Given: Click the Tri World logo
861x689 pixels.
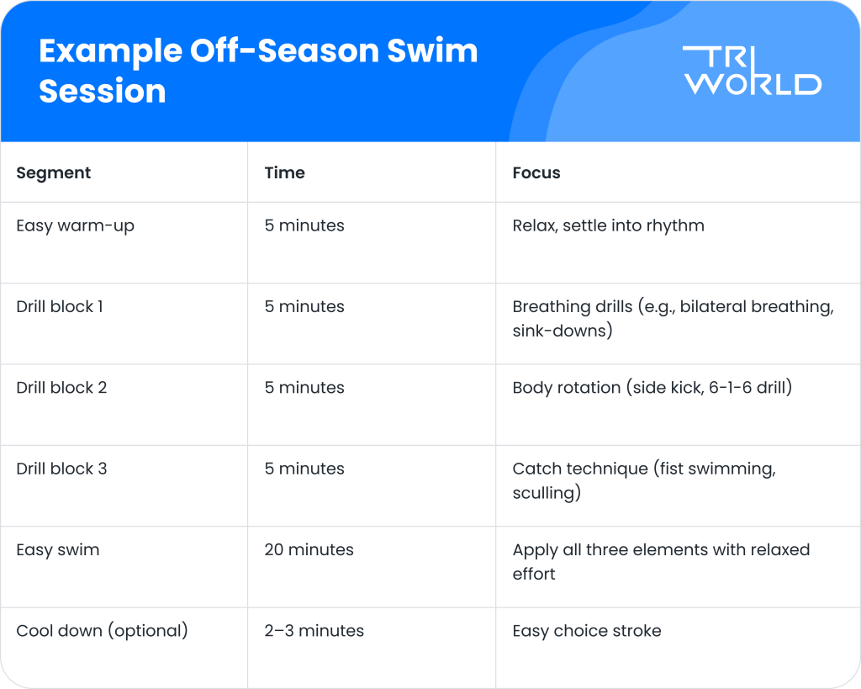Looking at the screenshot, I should point(751,71).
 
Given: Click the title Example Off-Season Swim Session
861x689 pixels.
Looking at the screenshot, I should point(258,71).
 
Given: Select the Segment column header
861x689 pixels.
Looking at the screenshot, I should point(54,173).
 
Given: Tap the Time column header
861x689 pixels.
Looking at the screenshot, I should point(284,173).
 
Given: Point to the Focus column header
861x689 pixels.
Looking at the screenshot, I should point(536,173).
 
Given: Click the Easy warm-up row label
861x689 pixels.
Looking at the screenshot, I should point(75,225).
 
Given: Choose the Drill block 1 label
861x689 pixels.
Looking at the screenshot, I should point(60,307).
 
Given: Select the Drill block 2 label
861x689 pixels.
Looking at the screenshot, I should point(61,388).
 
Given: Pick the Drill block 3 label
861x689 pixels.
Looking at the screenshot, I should point(61,469).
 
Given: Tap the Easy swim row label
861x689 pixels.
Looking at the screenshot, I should point(57,550).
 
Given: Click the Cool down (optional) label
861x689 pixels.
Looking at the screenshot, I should point(102,631).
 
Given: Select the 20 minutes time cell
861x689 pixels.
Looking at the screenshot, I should point(309,550).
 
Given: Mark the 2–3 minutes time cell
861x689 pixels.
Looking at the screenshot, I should point(314,631).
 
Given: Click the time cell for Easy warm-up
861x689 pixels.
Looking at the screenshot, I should point(304,225).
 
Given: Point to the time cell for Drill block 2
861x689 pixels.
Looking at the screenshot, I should point(304,388).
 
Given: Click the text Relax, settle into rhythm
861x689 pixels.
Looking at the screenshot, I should point(608,225).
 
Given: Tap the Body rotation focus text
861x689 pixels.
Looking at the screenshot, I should point(652,388).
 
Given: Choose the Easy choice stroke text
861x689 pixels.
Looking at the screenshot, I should point(587,631).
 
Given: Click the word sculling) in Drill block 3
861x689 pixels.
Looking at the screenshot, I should point(547,493).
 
